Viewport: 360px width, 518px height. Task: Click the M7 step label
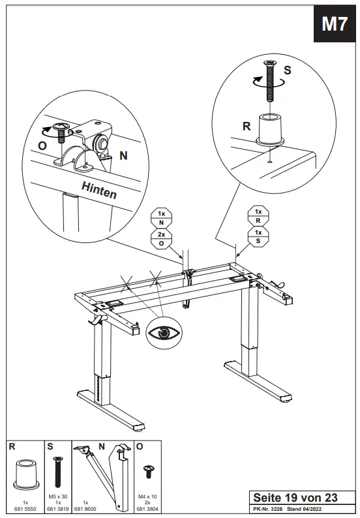(335, 24)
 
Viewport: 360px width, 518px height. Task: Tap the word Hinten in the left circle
(99, 190)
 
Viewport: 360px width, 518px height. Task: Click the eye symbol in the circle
(164, 333)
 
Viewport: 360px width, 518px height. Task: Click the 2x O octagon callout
(161, 239)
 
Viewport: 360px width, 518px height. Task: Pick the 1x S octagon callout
(258, 238)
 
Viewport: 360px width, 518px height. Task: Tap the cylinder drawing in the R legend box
(25, 473)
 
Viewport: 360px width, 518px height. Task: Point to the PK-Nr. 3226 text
(268, 509)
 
